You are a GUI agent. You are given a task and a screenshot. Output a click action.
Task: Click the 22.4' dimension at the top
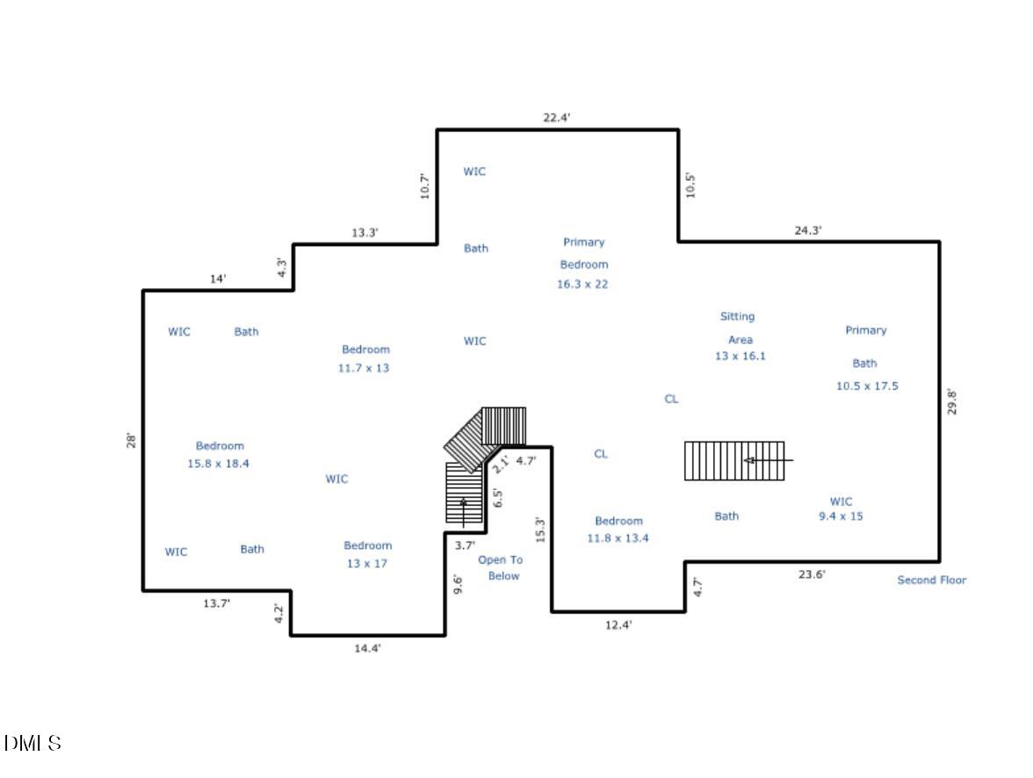557,118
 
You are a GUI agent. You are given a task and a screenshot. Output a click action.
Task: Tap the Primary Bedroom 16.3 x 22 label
583,263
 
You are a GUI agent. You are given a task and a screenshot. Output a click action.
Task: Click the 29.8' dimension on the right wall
950,401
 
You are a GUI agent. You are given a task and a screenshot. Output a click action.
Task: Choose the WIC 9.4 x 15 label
841,509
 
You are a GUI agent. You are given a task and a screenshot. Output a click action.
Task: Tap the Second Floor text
931,580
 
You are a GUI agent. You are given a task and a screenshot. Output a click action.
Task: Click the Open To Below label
500,568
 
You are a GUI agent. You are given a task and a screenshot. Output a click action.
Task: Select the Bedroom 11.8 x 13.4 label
618,529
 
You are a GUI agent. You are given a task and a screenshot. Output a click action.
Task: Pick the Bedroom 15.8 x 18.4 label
219,455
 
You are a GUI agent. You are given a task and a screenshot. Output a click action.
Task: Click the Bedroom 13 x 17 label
367,554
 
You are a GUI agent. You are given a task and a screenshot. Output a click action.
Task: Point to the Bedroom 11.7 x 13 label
365,359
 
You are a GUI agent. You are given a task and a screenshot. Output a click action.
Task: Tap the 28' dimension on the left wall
131,440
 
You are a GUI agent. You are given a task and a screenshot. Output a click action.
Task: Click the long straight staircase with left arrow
735,461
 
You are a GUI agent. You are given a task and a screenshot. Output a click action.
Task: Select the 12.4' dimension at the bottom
618,625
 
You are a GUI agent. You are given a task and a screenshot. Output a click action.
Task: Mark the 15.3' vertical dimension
541,529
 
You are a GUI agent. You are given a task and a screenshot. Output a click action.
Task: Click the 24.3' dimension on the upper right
808,231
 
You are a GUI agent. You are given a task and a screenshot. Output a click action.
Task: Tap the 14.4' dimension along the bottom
366,649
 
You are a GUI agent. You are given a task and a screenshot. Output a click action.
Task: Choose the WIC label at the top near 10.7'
474,171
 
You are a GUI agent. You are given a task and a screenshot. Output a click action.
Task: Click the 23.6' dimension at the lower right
811,575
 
